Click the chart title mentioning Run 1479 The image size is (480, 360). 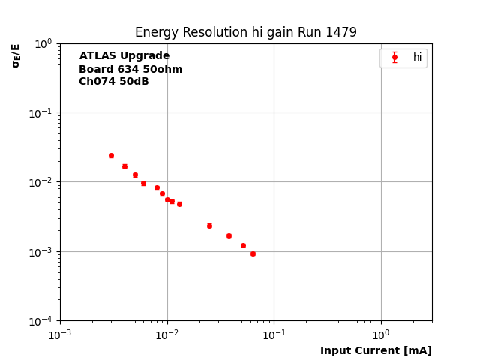tap(245, 32)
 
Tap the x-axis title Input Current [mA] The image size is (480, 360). tap(376, 350)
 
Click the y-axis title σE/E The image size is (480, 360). tap(16, 55)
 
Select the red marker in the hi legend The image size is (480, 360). tap(394, 58)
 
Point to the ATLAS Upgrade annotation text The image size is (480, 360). tap(124, 56)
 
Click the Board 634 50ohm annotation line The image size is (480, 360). tap(130, 69)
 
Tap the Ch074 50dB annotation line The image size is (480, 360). tap(114, 82)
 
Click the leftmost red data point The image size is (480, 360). tap(111, 155)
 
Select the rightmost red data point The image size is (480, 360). tap(253, 253)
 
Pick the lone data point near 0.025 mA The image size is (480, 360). tap(209, 226)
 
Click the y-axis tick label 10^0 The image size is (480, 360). tap(43, 43)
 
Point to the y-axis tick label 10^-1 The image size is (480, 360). tap(41, 113)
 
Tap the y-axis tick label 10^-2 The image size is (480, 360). tap(41, 182)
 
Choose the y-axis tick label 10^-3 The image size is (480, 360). tap(41, 252)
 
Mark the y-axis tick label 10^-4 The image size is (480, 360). tap(41, 321)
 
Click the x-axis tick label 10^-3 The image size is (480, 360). tap(60, 334)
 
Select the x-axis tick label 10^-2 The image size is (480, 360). tap(167, 334)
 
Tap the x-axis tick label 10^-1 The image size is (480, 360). tap(274, 334)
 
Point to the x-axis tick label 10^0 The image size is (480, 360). tap(381, 334)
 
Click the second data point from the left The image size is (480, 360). tap(124, 166)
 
